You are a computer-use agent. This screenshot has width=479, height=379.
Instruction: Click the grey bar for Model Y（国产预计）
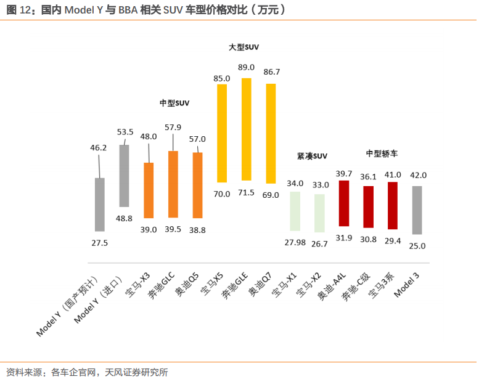99,204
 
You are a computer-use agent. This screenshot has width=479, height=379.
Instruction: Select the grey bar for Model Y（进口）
124,176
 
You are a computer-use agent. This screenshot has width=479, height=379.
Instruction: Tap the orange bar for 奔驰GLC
173,184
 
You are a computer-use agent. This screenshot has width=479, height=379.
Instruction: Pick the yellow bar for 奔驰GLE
246,129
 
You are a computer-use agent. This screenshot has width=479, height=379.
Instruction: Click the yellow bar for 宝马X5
221,133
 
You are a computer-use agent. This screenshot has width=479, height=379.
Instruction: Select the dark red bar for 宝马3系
393,205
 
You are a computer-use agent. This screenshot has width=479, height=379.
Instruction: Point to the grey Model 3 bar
417,210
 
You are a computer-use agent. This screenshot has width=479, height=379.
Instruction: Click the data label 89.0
247,67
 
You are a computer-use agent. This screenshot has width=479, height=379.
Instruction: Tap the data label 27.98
295,242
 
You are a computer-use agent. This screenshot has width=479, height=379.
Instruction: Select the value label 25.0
417,246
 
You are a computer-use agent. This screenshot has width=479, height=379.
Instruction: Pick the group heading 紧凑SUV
312,157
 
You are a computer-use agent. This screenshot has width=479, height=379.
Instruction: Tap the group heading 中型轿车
382,153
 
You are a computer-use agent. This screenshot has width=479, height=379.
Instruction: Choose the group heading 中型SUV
174,103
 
